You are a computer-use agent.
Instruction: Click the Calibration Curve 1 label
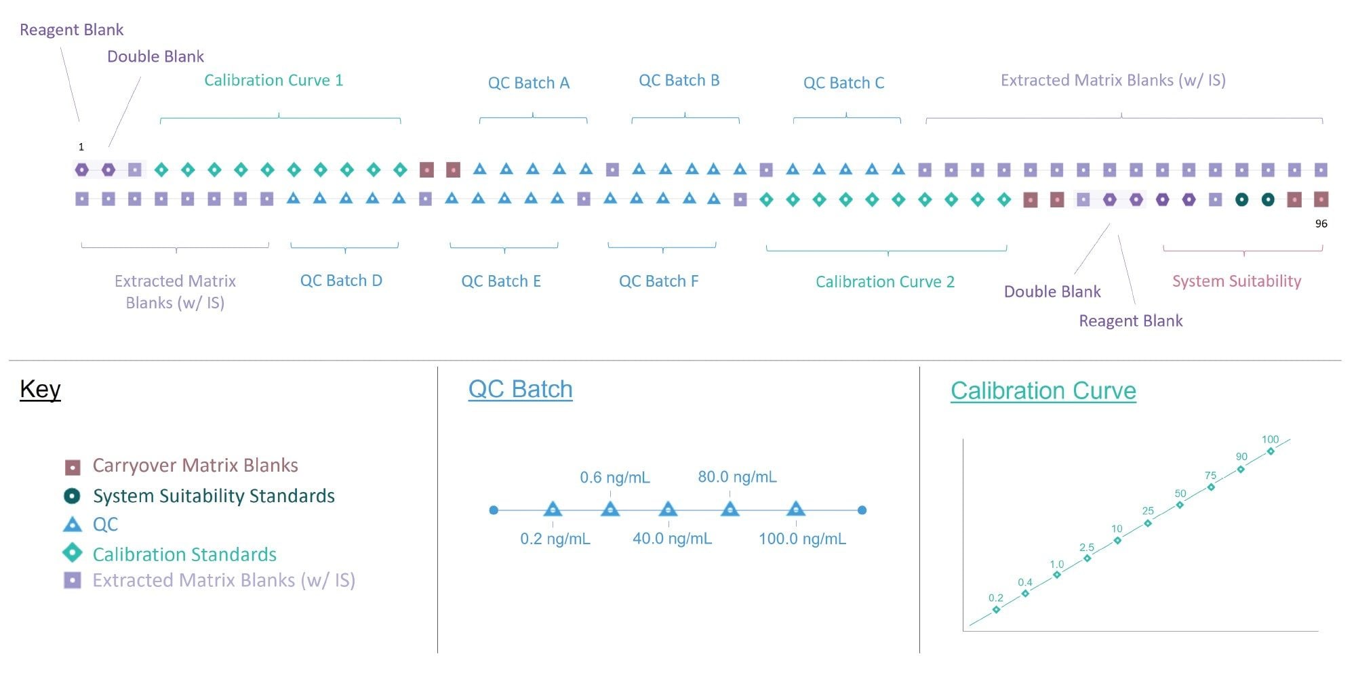[x=273, y=80]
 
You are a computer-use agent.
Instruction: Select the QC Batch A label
[x=528, y=83]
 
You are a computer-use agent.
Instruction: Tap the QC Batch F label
[x=658, y=281]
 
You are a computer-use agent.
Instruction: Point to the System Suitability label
[x=1237, y=281]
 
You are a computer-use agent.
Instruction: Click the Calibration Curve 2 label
[x=885, y=281]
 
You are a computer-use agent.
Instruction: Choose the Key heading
[x=40, y=389]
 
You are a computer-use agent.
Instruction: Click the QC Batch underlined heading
[x=520, y=389]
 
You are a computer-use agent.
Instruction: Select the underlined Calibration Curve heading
[x=1043, y=390]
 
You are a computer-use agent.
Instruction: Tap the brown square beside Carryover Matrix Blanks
[x=72, y=466]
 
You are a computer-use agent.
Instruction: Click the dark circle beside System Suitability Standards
[x=72, y=496]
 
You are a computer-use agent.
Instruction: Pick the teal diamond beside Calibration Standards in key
[x=72, y=553]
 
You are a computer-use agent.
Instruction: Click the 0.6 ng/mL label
[x=614, y=478]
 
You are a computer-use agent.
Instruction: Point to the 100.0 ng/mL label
[x=802, y=539]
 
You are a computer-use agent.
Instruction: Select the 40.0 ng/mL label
[x=672, y=539]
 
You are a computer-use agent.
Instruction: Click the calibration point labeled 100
[x=1271, y=451]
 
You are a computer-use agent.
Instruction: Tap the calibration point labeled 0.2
[x=996, y=609]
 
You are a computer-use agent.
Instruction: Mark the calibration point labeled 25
[x=1148, y=523]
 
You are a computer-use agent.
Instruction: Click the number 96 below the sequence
[x=1321, y=224]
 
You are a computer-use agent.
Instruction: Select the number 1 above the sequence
[x=81, y=146]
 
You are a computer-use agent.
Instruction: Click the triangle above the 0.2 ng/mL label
[x=553, y=510]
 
